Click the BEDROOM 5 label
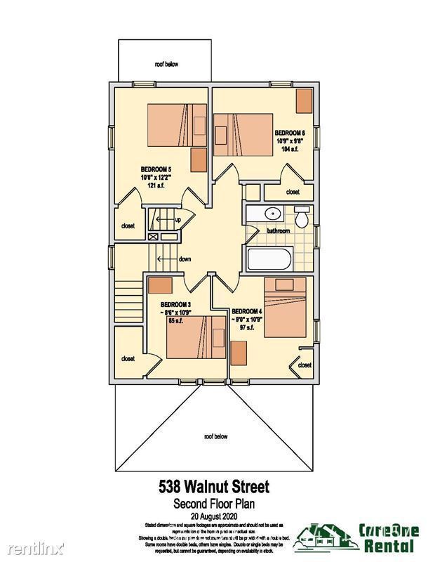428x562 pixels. pos(156,169)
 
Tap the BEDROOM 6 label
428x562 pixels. pos(290,132)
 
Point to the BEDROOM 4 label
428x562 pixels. pos(246,311)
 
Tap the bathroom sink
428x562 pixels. pos(272,214)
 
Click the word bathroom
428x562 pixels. pos(278,230)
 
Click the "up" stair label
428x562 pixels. pos(178,220)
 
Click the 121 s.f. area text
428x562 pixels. pos(156,185)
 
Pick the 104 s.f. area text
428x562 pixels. pos(290,149)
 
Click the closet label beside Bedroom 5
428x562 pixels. pos(128,226)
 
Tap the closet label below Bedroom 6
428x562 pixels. pos(293,192)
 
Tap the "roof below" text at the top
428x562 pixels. pos(167,64)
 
